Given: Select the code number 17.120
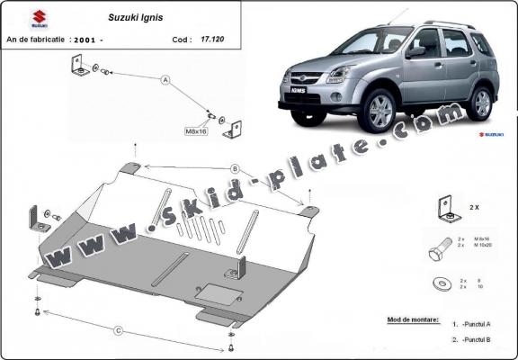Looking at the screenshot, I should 211,40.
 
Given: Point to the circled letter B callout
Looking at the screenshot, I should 235,168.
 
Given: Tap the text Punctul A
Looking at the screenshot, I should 476,324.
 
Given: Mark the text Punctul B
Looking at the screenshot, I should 476,339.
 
